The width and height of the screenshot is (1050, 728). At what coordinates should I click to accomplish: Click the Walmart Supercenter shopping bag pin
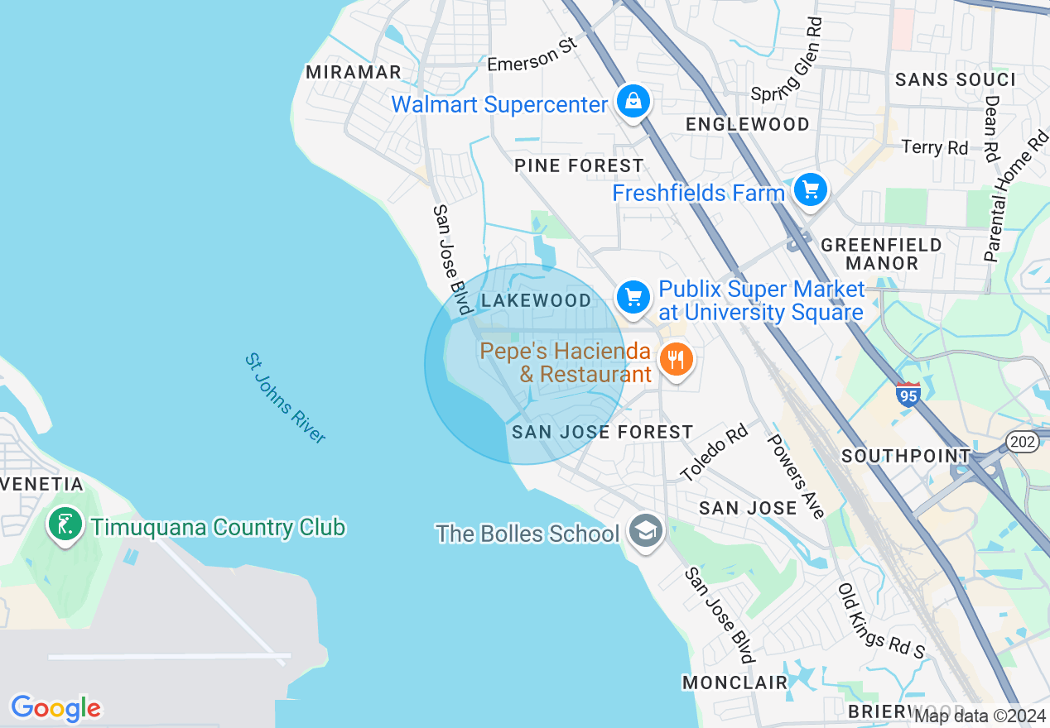tap(633, 102)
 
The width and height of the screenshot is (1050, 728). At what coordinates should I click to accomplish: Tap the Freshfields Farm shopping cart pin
tap(810, 191)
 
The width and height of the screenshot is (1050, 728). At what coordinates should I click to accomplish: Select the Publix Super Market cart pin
tap(633, 296)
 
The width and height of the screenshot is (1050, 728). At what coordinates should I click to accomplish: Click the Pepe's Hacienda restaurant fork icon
tap(677, 360)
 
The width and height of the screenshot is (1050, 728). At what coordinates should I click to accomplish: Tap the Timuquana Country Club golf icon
tap(65, 524)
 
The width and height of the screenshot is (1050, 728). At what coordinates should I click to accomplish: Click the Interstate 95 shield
tap(908, 394)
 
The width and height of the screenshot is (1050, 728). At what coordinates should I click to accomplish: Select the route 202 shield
tap(1023, 441)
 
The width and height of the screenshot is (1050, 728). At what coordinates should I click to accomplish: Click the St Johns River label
tap(286, 398)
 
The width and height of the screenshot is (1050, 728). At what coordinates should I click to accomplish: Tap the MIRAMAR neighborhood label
tap(354, 72)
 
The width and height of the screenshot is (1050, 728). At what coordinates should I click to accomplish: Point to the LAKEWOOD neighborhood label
tap(537, 300)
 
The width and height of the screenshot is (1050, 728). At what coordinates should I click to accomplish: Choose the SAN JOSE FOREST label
tap(602, 432)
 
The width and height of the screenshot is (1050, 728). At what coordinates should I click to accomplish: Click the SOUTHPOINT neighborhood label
tap(906, 456)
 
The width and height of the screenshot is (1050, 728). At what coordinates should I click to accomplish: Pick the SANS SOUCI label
tap(956, 79)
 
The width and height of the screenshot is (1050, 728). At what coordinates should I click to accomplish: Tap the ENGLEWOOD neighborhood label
tap(748, 124)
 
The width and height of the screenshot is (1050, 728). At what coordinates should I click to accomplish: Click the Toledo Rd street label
tap(714, 453)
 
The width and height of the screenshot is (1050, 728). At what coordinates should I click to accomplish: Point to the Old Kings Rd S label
tap(881, 621)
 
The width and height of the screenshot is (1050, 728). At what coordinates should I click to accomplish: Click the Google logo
tap(55, 708)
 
